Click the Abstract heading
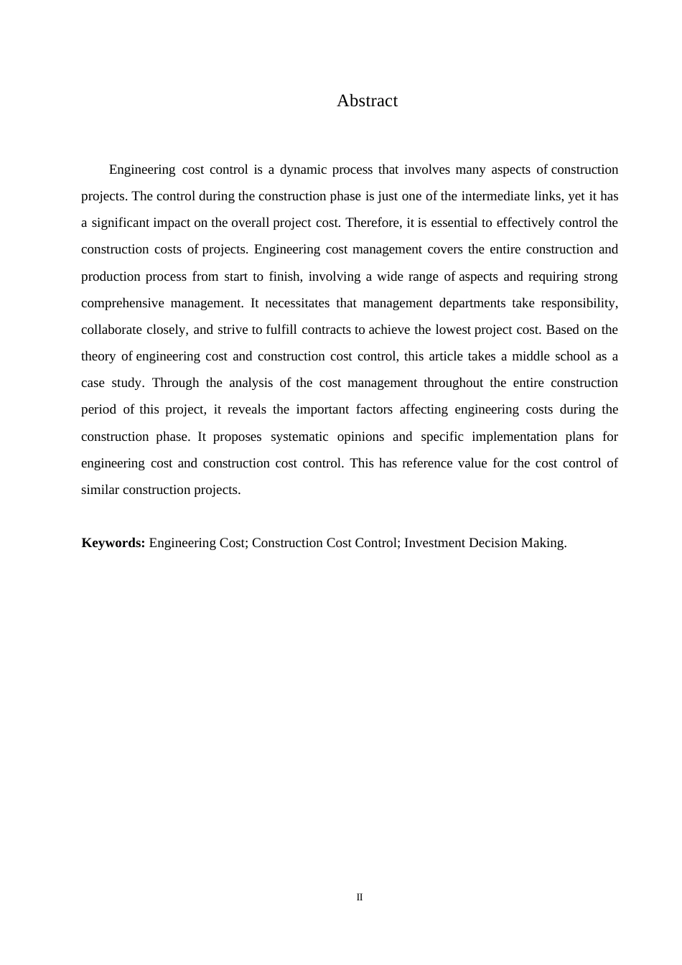tap(367, 101)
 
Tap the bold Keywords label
tap(113, 543)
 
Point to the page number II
tap(360, 897)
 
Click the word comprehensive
tap(123, 303)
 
